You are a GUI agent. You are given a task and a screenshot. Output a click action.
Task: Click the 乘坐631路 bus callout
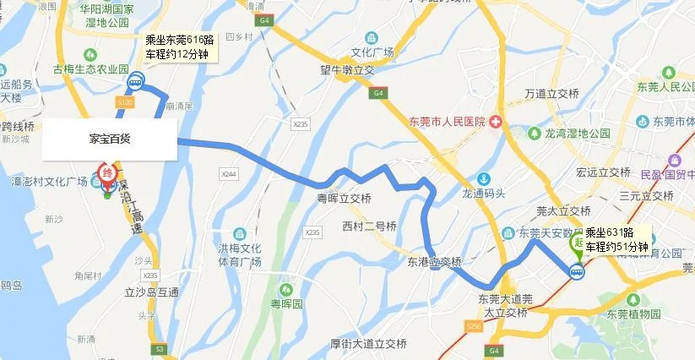tap(616, 239)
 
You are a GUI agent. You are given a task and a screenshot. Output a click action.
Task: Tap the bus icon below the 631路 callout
tap(577, 271)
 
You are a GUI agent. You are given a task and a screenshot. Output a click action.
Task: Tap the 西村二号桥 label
tap(369, 226)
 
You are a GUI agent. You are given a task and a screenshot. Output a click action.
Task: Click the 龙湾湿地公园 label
tap(576, 134)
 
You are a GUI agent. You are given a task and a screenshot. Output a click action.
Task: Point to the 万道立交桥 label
tap(553, 92)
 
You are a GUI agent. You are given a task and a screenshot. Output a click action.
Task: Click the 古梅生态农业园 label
tap(90, 68)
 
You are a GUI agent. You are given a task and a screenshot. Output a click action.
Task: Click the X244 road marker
tap(225, 173)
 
